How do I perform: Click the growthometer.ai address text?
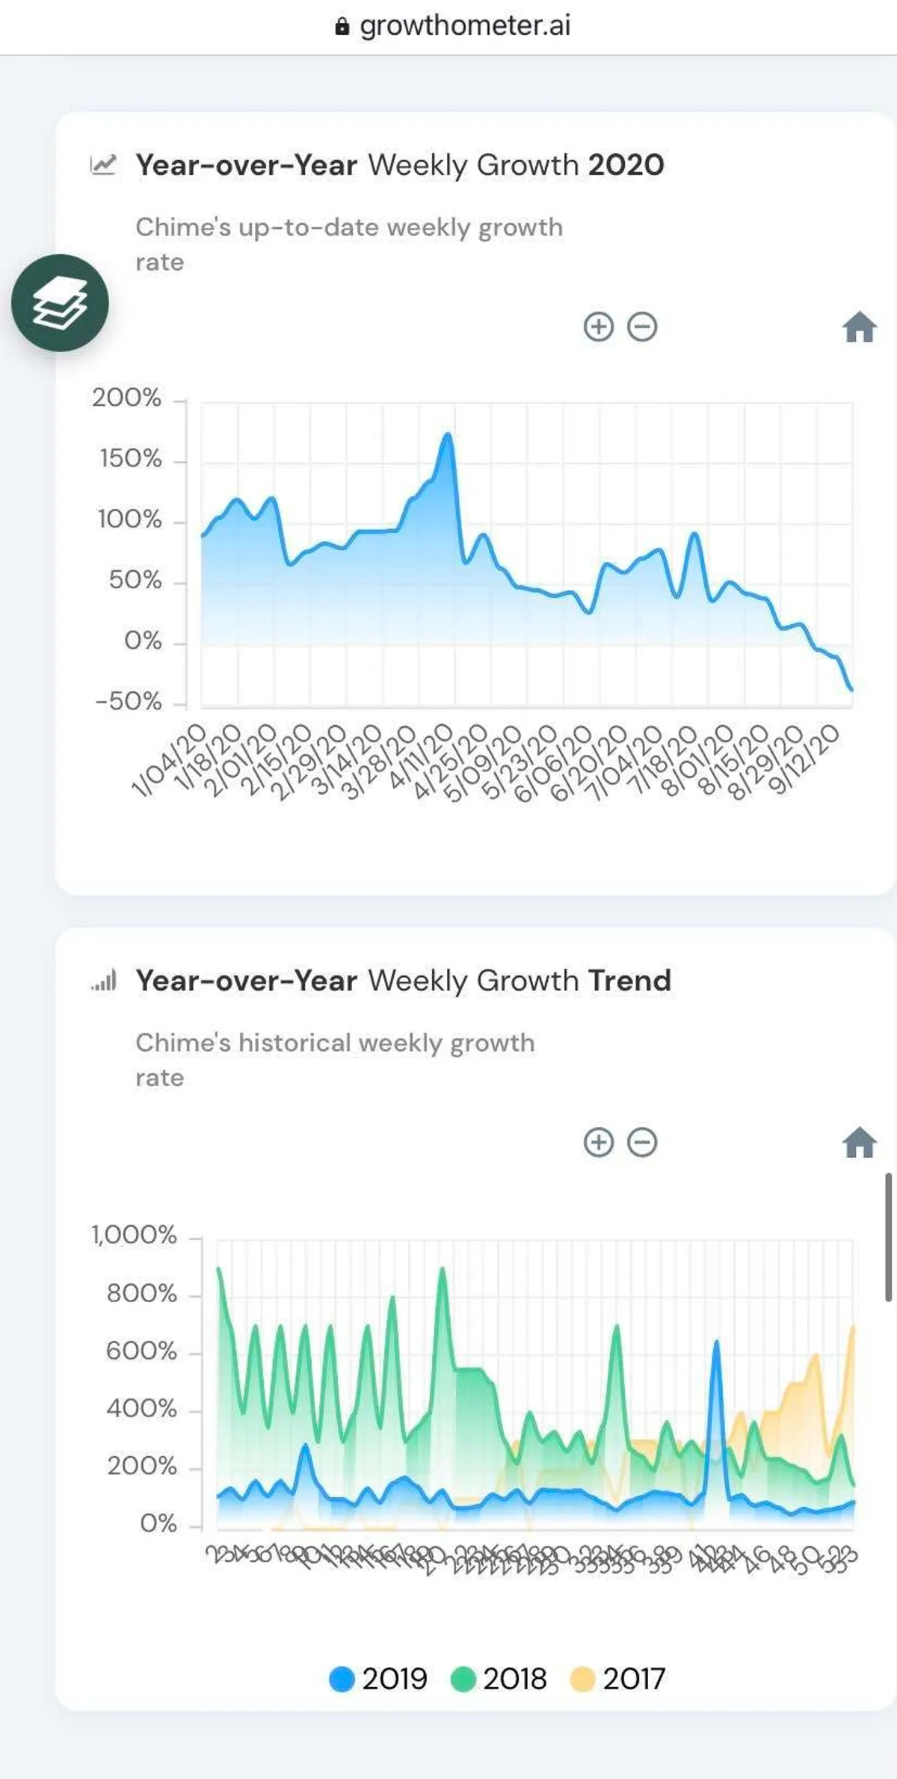465,26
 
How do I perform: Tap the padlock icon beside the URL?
342,28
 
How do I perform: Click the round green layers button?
60,303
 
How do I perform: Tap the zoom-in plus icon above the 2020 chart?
598,327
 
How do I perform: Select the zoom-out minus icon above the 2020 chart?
642,327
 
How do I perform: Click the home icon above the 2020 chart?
859,327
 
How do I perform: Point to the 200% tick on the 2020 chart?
127,398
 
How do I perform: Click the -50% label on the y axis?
129,701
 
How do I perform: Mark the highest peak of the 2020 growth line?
448,434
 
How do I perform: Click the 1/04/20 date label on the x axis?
170,760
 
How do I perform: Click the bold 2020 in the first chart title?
626,165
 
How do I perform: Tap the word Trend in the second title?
629,981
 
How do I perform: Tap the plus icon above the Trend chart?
598,1142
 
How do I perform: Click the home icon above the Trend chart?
859,1142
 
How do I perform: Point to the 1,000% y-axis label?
135,1235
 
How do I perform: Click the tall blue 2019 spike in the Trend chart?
716,1345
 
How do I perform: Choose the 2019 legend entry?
379,1679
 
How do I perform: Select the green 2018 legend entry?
499,1679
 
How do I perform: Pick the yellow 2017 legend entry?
618,1679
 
